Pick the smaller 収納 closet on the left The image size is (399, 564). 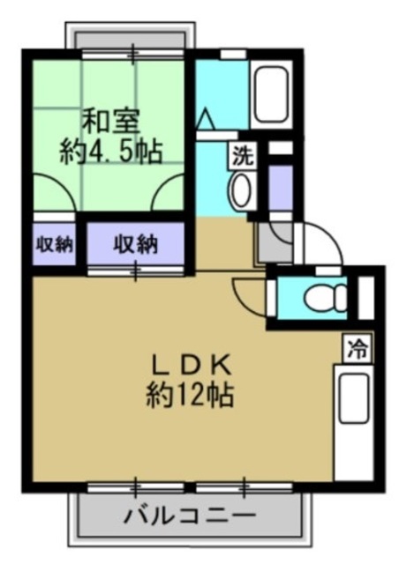pyautogui.click(x=54, y=244)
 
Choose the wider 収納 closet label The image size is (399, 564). pyautogui.click(x=135, y=244)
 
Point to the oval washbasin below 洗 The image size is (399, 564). pyautogui.click(x=240, y=189)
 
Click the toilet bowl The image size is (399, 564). pyautogui.click(x=315, y=298)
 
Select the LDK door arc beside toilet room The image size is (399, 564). pyautogui.click(x=249, y=295)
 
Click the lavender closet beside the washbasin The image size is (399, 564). pyautogui.click(x=280, y=186)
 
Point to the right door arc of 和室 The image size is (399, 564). pyautogui.click(x=168, y=187)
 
